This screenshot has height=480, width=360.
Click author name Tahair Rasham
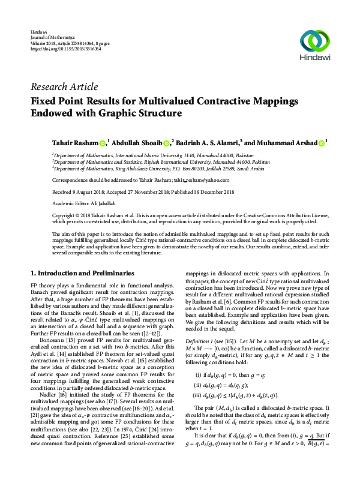point(76,143)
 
